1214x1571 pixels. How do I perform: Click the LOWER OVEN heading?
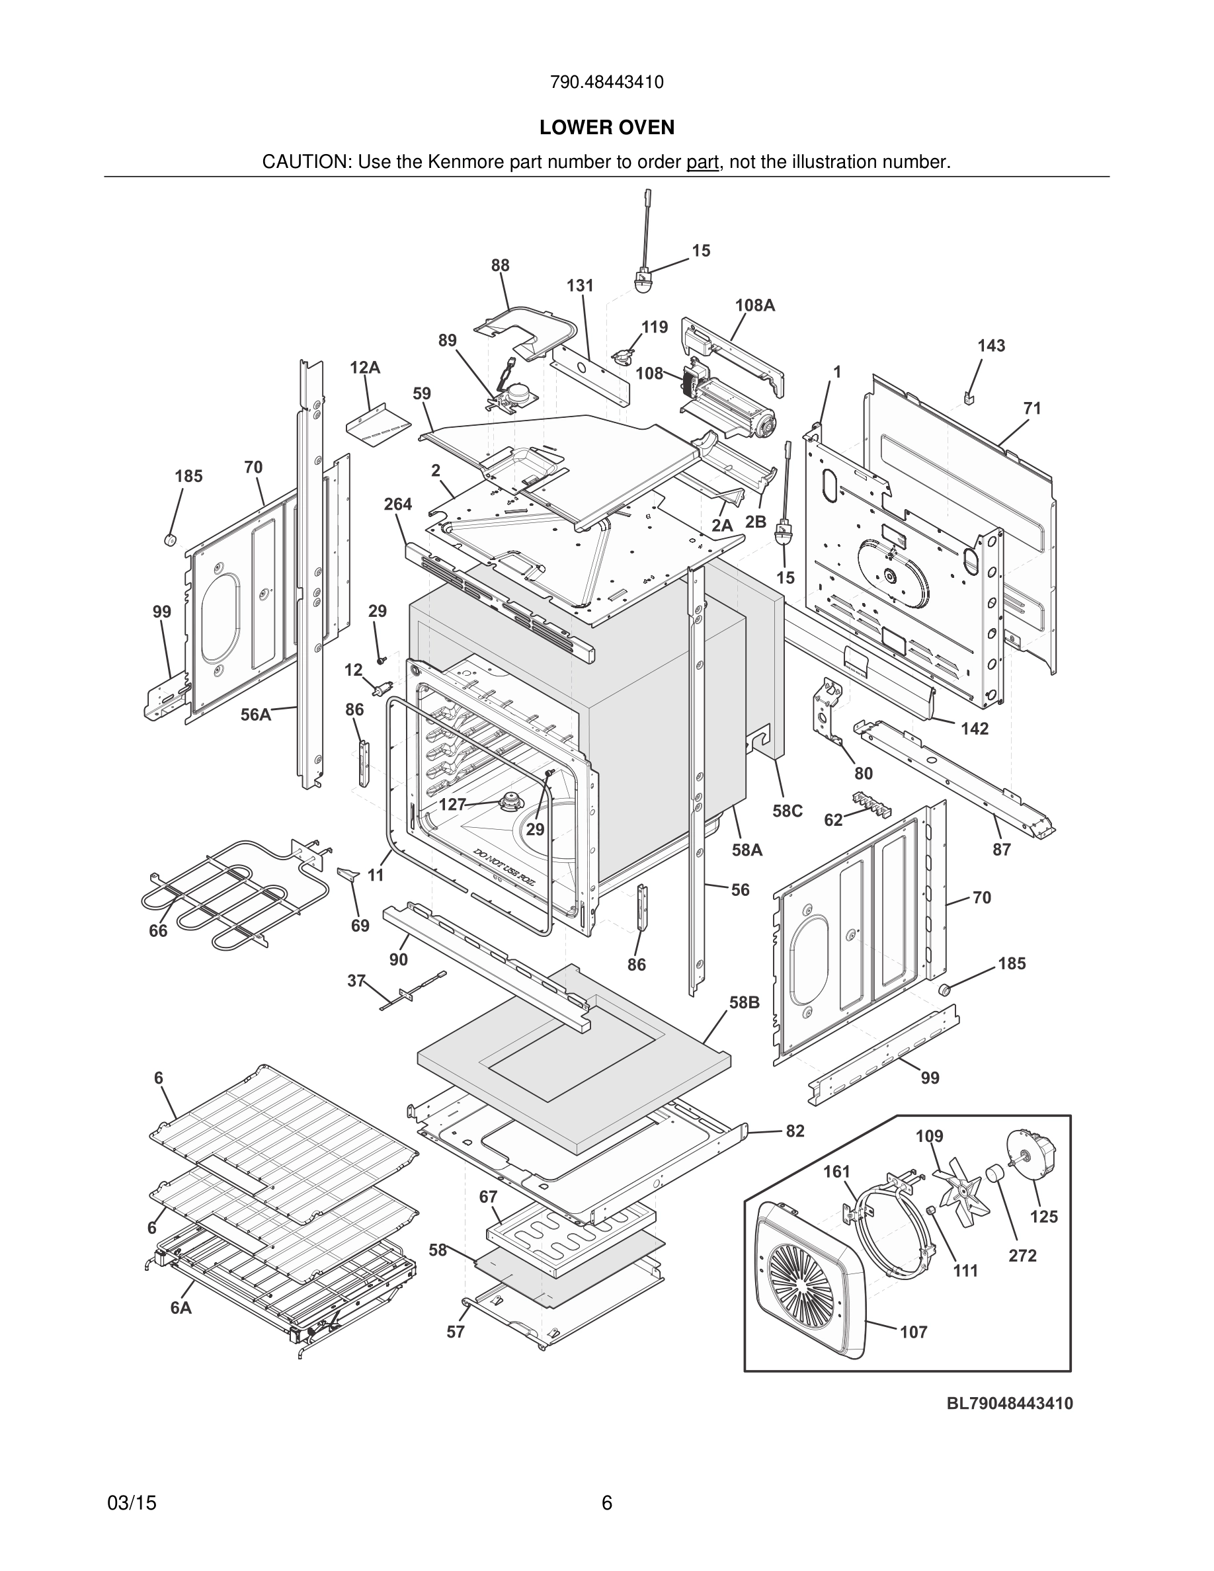606,128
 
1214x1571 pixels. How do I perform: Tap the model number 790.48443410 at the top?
606,82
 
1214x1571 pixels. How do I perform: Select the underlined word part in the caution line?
702,162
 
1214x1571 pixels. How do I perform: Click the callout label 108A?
754,305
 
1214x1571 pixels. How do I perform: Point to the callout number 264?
397,504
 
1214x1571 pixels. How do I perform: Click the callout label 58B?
744,1002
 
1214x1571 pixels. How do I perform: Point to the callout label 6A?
181,1308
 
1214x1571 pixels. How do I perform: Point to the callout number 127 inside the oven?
452,804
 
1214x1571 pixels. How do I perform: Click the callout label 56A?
256,714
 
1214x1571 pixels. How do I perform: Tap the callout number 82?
795,1131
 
